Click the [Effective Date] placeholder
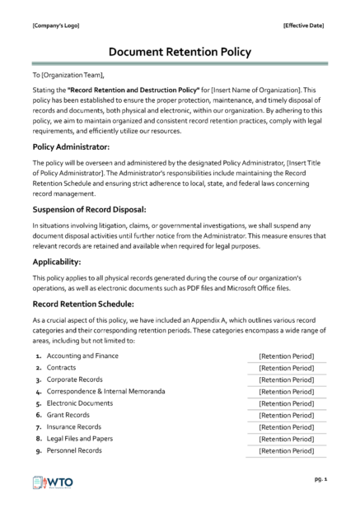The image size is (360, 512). click(303, 25)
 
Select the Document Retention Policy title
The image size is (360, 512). click(180, 52)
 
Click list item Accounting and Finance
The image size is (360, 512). click(83, 356)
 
